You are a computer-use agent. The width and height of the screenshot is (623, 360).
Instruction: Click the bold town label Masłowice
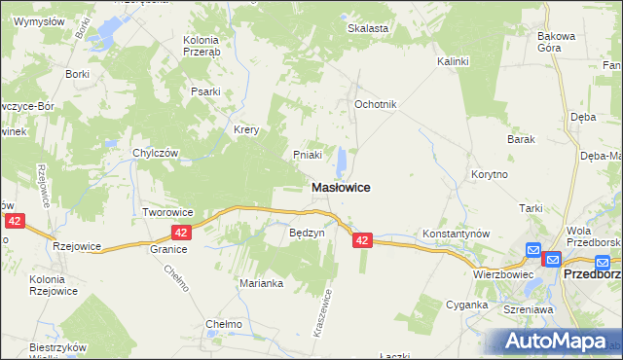click(x=340, y=187)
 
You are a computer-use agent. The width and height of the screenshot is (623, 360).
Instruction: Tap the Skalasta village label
click(x=368, y=28)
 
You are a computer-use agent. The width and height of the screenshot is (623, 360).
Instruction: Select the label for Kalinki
click(x=453, y=61)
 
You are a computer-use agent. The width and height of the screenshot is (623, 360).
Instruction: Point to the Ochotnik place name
click(x=375, y=104)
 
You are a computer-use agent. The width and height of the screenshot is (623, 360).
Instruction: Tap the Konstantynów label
click(x=455, y=234)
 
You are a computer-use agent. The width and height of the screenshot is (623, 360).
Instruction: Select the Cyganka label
click(x=468, y=305)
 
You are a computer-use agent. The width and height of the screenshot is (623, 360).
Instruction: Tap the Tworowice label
click(x=169, y=212)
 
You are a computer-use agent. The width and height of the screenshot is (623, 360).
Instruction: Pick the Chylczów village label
click(x=156, y=153)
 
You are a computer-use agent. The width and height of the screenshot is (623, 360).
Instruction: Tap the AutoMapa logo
click(x=551, y=341)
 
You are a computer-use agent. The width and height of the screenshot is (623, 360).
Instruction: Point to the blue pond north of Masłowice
click(x=341, y=160)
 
